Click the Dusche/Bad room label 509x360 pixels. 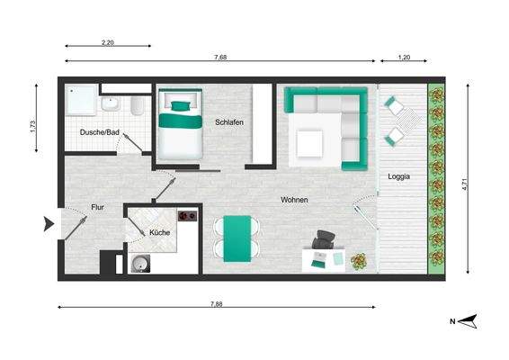[x=100, y=132]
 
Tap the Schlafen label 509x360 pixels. [x=229, y=122]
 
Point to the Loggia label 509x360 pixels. [x=399, y=176]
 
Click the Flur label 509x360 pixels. [x=98, y=207]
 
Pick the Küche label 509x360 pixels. [x=159, y=233]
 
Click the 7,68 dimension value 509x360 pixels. [x=220, y=58]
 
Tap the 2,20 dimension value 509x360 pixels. [x=107, y=41]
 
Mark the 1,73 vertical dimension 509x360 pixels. [x=33, y=127]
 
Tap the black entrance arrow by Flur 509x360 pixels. [x=49, y=225]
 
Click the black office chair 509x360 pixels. [x=324, y=240]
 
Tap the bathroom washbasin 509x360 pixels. [x=110, y=103]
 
